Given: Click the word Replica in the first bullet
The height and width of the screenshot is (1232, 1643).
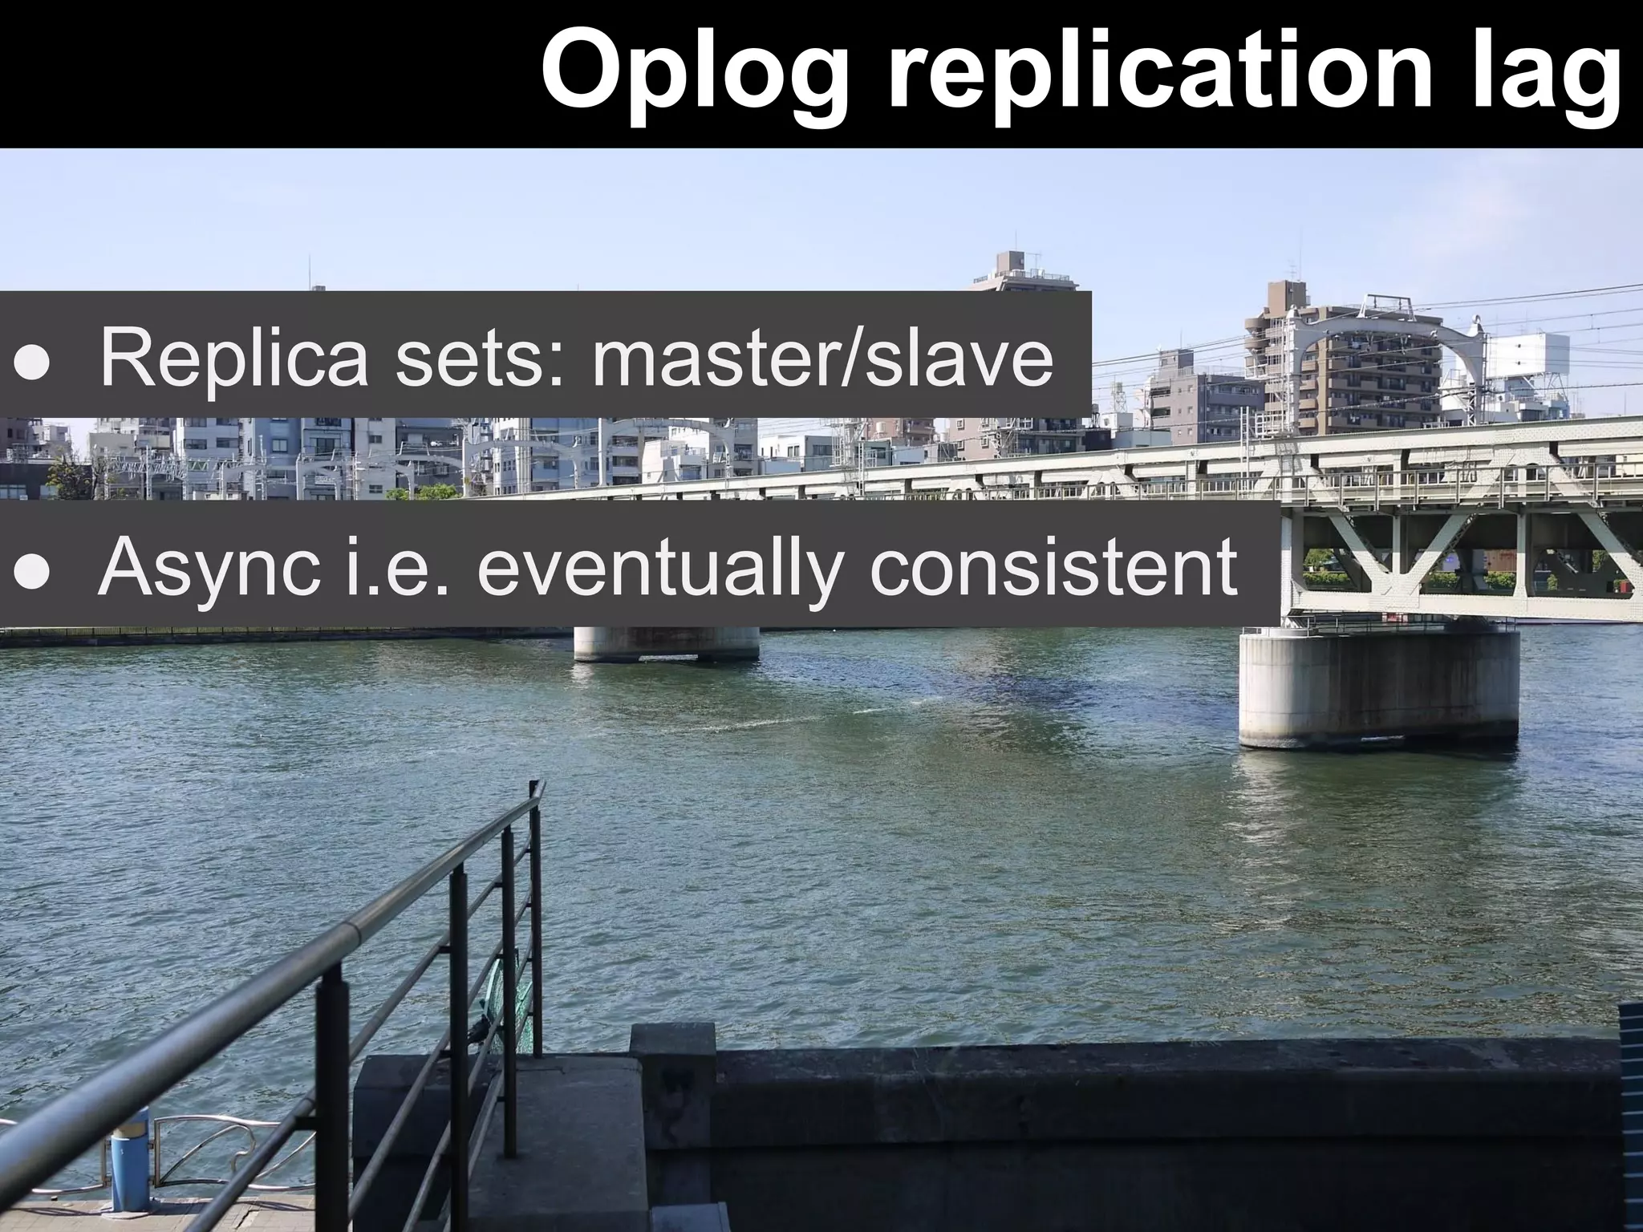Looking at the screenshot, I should tap(233, 359).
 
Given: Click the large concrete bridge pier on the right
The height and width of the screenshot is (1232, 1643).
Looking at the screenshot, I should tap(1378, 690).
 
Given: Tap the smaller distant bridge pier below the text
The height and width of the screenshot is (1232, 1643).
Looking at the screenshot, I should tap(666, 643).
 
